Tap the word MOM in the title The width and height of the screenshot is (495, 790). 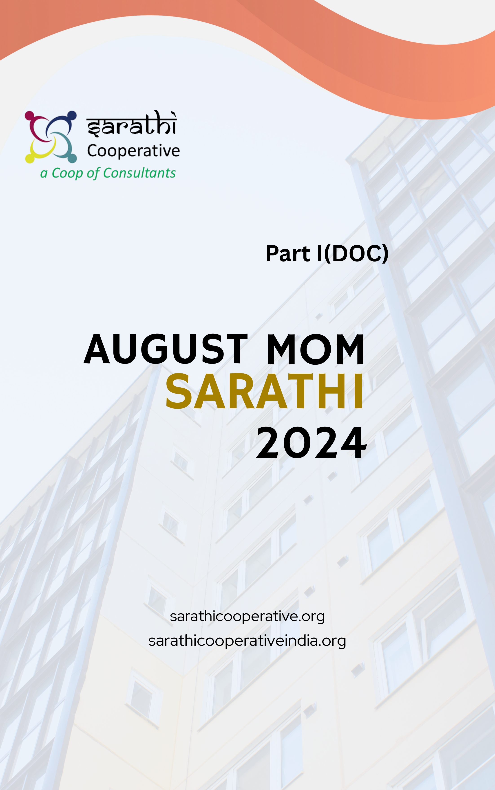316,349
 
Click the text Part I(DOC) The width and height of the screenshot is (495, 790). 327,253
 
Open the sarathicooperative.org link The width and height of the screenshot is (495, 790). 247,616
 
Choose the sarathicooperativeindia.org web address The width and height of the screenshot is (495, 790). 247,641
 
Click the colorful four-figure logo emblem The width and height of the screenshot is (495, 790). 51,137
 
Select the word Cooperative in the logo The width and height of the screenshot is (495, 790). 133,151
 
